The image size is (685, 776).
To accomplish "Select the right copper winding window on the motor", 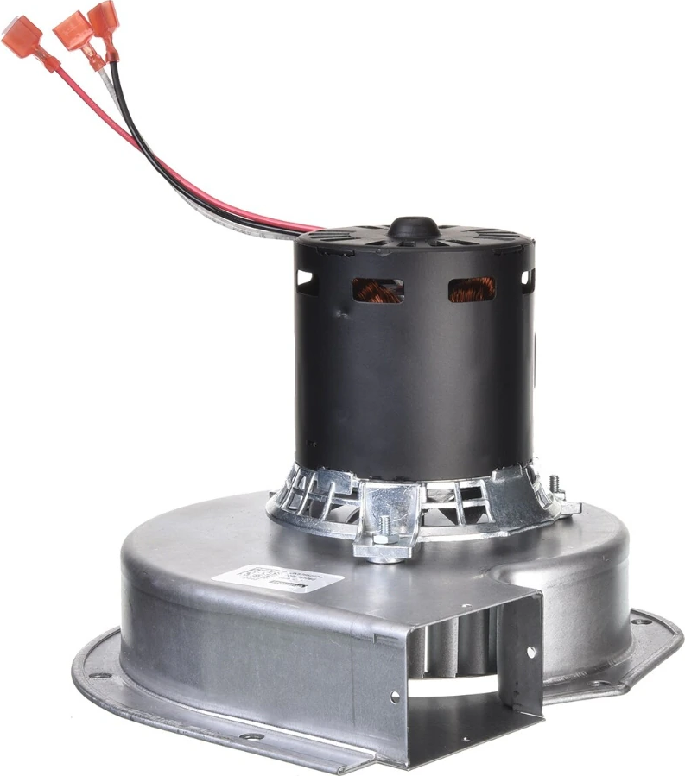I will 472,289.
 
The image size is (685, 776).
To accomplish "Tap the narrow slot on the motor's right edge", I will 528,279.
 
